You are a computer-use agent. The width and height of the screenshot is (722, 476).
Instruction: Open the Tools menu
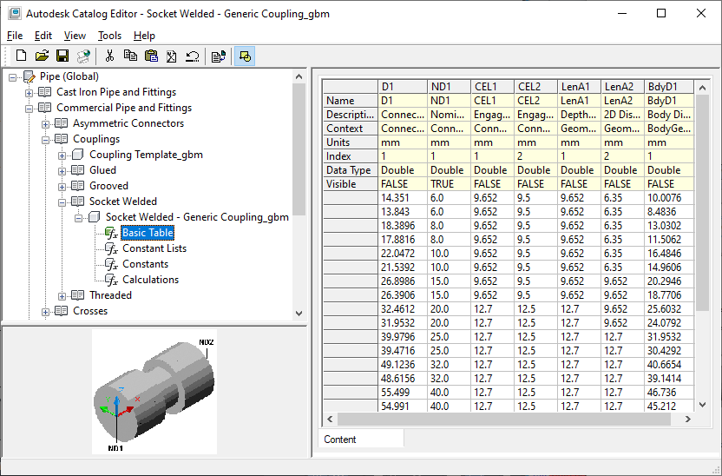coord(109,36)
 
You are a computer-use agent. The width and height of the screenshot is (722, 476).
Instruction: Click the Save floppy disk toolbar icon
coord(62,56)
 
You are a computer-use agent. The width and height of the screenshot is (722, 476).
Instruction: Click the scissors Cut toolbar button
coord(109,56)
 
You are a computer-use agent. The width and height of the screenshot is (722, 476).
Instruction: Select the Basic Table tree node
coord(148,233)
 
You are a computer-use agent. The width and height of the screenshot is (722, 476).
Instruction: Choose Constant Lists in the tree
coord(154,248)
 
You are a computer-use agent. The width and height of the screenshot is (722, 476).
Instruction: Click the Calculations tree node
coord(150,280)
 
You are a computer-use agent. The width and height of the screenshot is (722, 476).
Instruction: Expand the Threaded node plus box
coord(62,296)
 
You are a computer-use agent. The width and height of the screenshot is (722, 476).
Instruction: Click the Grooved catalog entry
coord(108,186)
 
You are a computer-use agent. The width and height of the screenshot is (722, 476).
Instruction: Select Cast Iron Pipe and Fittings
coord(116,92)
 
